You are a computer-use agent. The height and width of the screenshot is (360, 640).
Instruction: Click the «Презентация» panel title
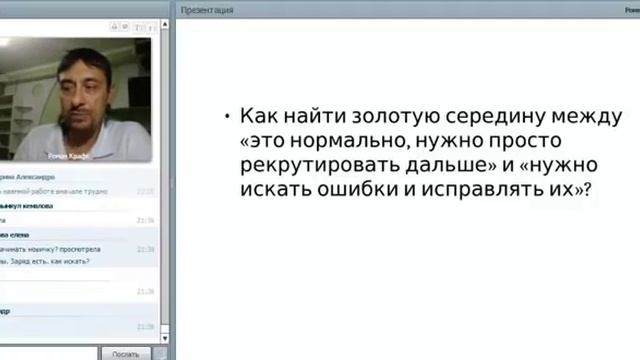[208, 10]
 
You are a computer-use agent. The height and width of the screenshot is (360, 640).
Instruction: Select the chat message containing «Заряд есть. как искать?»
[45, 262]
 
